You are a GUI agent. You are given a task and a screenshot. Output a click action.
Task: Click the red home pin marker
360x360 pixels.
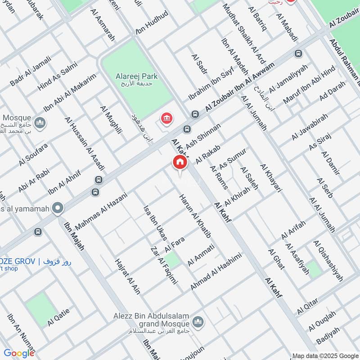coord(180,162)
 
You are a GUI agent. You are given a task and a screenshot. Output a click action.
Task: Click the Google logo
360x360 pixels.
coord(19,353)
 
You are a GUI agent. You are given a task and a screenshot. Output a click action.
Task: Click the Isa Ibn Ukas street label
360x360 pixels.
coord(155,223)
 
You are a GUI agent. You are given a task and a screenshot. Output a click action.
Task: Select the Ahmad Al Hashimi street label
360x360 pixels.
coord(216,271)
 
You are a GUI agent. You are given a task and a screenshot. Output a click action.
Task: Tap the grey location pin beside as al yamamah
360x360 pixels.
coord(57,208)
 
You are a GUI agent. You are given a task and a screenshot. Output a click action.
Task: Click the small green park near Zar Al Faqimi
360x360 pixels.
coord(171,260)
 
